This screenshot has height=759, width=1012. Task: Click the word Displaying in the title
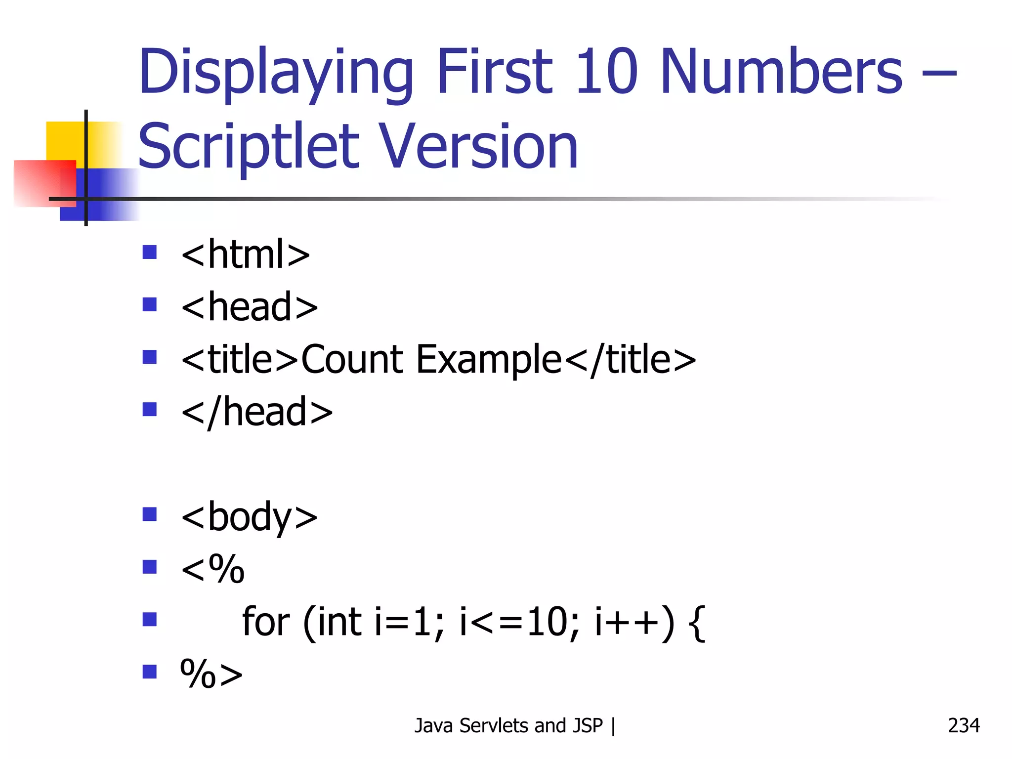pyautogui.click(x=275, y=73)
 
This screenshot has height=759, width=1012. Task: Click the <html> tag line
pyautogui.click(x=246, y=254)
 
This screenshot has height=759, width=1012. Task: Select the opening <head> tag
pyautogui.click(x=250, y=307)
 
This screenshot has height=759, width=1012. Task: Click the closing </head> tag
pyautogui.click(x=257, y=412)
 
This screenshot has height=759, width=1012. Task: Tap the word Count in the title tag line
pyautogui.click(x=352, y=359)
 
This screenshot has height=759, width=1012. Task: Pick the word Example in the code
pyautogui.click(x=488, y=360)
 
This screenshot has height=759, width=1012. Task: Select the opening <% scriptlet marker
pyautogui.click(x=212, y=569)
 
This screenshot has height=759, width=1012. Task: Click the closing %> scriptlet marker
pyautogui.click(x=211, y=674)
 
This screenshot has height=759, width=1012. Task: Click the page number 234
pyautogui.click(x=963, y=725)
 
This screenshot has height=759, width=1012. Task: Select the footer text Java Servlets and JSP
pyautogui.click(x=508, y=726)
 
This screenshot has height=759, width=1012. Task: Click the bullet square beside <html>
pyautogui.click(x=149, y=253)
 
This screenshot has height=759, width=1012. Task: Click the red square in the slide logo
pyautogui.click(x=44, y=183)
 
